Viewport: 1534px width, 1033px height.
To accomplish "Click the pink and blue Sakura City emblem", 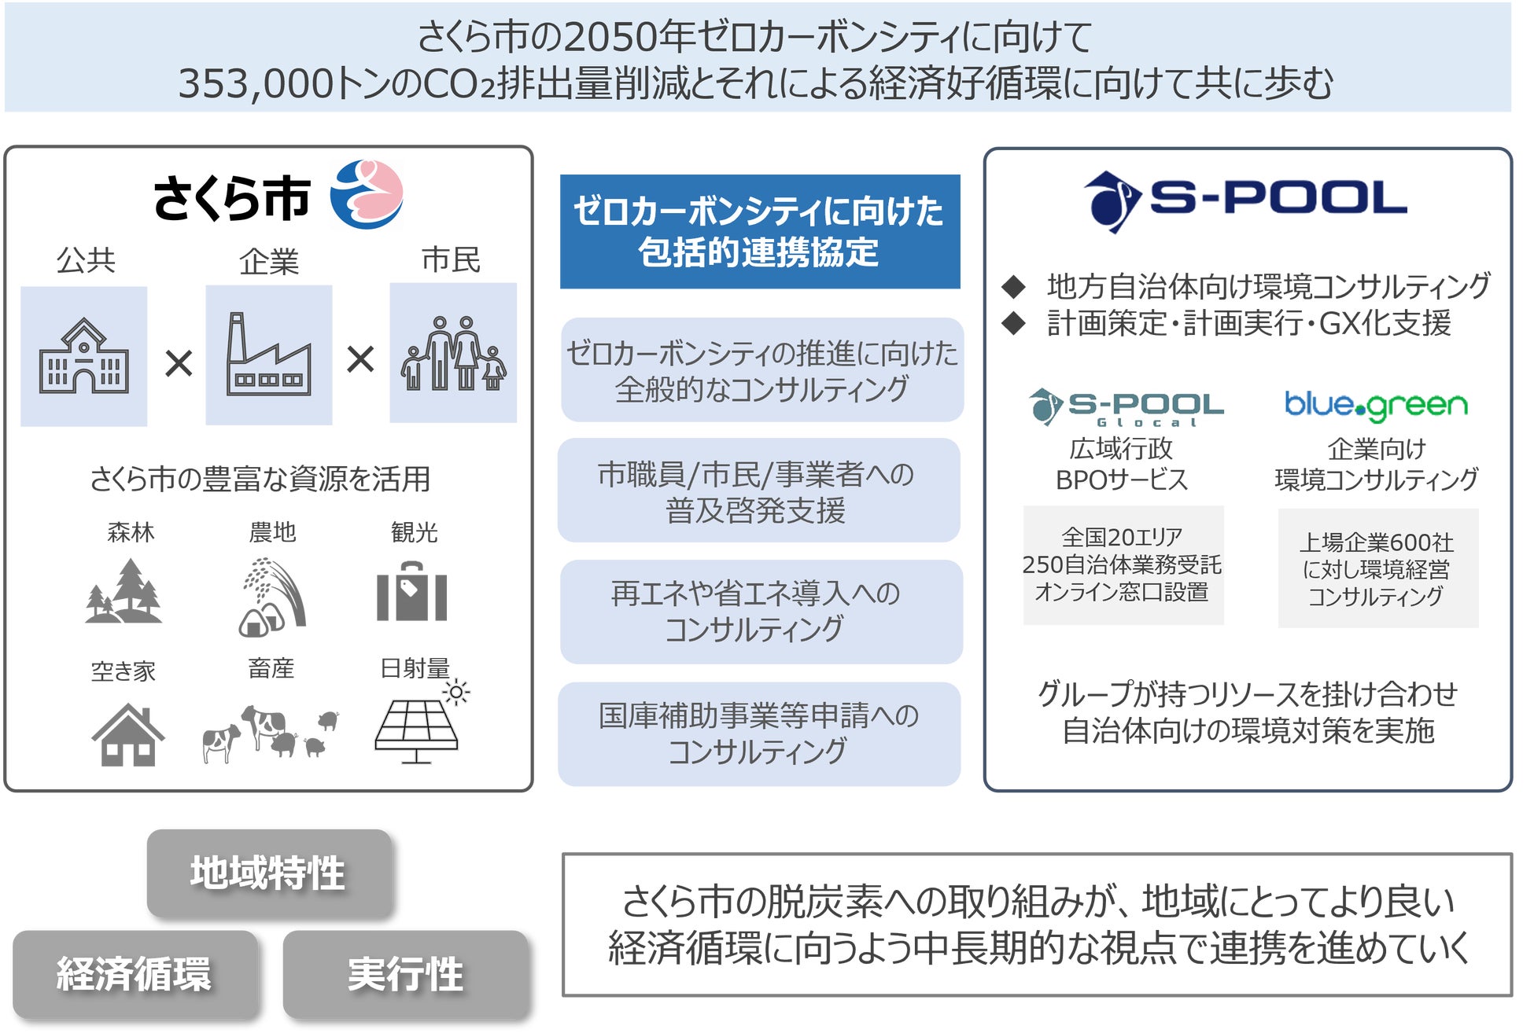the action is click(x=366, y=194).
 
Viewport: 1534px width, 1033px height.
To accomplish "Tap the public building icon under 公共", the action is click(x=84, y=355).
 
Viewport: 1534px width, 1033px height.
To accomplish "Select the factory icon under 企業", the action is click(x=268, y=355).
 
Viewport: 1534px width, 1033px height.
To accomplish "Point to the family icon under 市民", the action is click(x=453, y=353).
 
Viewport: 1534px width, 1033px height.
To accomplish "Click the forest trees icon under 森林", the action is click(x=124, y=591).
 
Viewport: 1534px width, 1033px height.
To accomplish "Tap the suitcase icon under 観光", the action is click(x=411, y=592).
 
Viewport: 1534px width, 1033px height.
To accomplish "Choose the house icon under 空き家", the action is click(x=127, y=734).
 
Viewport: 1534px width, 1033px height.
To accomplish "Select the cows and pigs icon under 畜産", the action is click(x=270, y=733).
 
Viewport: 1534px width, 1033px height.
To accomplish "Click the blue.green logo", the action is click(x=1376, y=405).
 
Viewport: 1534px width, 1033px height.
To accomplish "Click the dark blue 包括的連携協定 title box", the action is click(x=760, y=232).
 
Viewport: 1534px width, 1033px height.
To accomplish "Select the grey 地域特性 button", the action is click(x=269, y=873).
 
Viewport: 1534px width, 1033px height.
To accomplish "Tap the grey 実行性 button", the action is click(x=405, y=974).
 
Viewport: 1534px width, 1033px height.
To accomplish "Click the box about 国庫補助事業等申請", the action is click(x=759, y=733).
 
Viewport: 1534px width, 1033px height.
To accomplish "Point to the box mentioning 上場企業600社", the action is click(x=1377, y=568).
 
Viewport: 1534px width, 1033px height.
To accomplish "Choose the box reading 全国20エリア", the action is click(x=1123, y=565).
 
